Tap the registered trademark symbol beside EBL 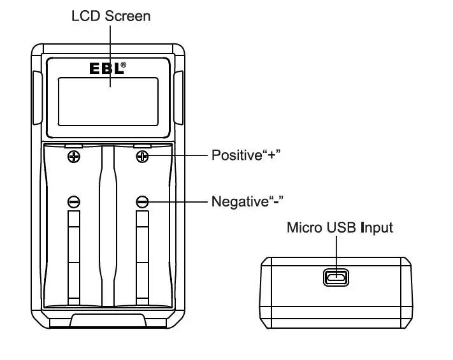(x=123, y=65)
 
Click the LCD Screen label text (x=111, y=15)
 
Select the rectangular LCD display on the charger (x=108, y=101)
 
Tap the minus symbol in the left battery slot (x=74, y=202)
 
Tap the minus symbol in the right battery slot (x=142, y=202)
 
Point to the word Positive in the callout (x=236, y=155)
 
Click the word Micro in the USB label (x=303, y=227)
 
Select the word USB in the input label (x=341, y=227)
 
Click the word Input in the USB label (x=377, y=227)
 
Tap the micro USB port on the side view (x=335, y=277)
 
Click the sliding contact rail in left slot (x=74, y=255)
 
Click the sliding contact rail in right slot (x=142, y=255)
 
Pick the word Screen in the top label (x=130, y=15)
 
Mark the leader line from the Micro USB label (x=335, y=252)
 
